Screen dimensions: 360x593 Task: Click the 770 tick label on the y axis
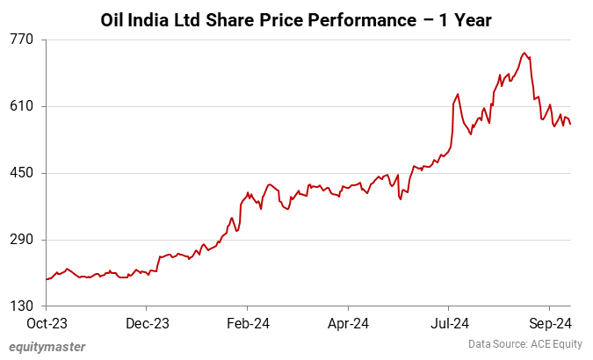pos(22,40)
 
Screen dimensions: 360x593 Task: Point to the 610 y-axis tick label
pos(22,106)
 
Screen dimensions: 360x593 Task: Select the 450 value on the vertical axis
pos(22,173)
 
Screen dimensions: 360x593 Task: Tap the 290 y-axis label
pos(22,240)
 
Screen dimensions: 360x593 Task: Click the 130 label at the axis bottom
pos(22,306)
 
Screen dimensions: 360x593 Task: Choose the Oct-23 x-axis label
pos(47,323)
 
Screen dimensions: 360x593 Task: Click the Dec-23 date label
pos(147,323)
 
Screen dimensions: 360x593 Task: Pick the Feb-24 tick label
pos(248,323)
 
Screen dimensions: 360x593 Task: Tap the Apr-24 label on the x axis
pos(348,323)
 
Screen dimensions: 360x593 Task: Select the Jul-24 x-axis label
pos(448,323)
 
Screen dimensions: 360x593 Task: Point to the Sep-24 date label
pos(549,323)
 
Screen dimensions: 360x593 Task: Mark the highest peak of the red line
pos(524,53)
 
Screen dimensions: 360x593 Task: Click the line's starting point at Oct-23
pos(47,279)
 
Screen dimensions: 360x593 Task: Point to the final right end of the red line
pos(570,124)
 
